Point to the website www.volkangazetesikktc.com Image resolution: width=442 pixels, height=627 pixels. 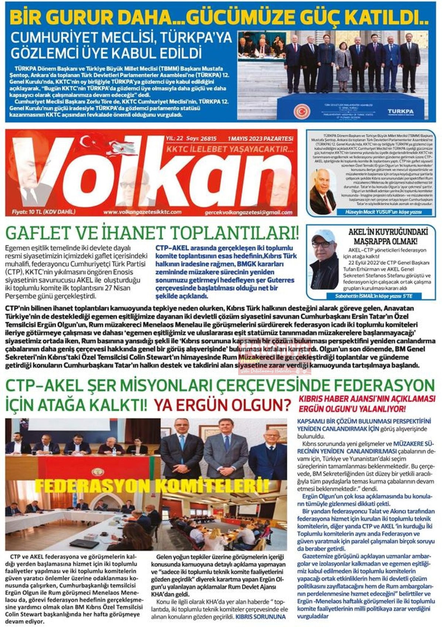coord(142,212)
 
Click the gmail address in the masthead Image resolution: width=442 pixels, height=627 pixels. coord(248,213)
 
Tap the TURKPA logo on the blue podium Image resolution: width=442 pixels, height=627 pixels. coord(400,111)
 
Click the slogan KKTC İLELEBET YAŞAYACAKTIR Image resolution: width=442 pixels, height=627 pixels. coord(230,149)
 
